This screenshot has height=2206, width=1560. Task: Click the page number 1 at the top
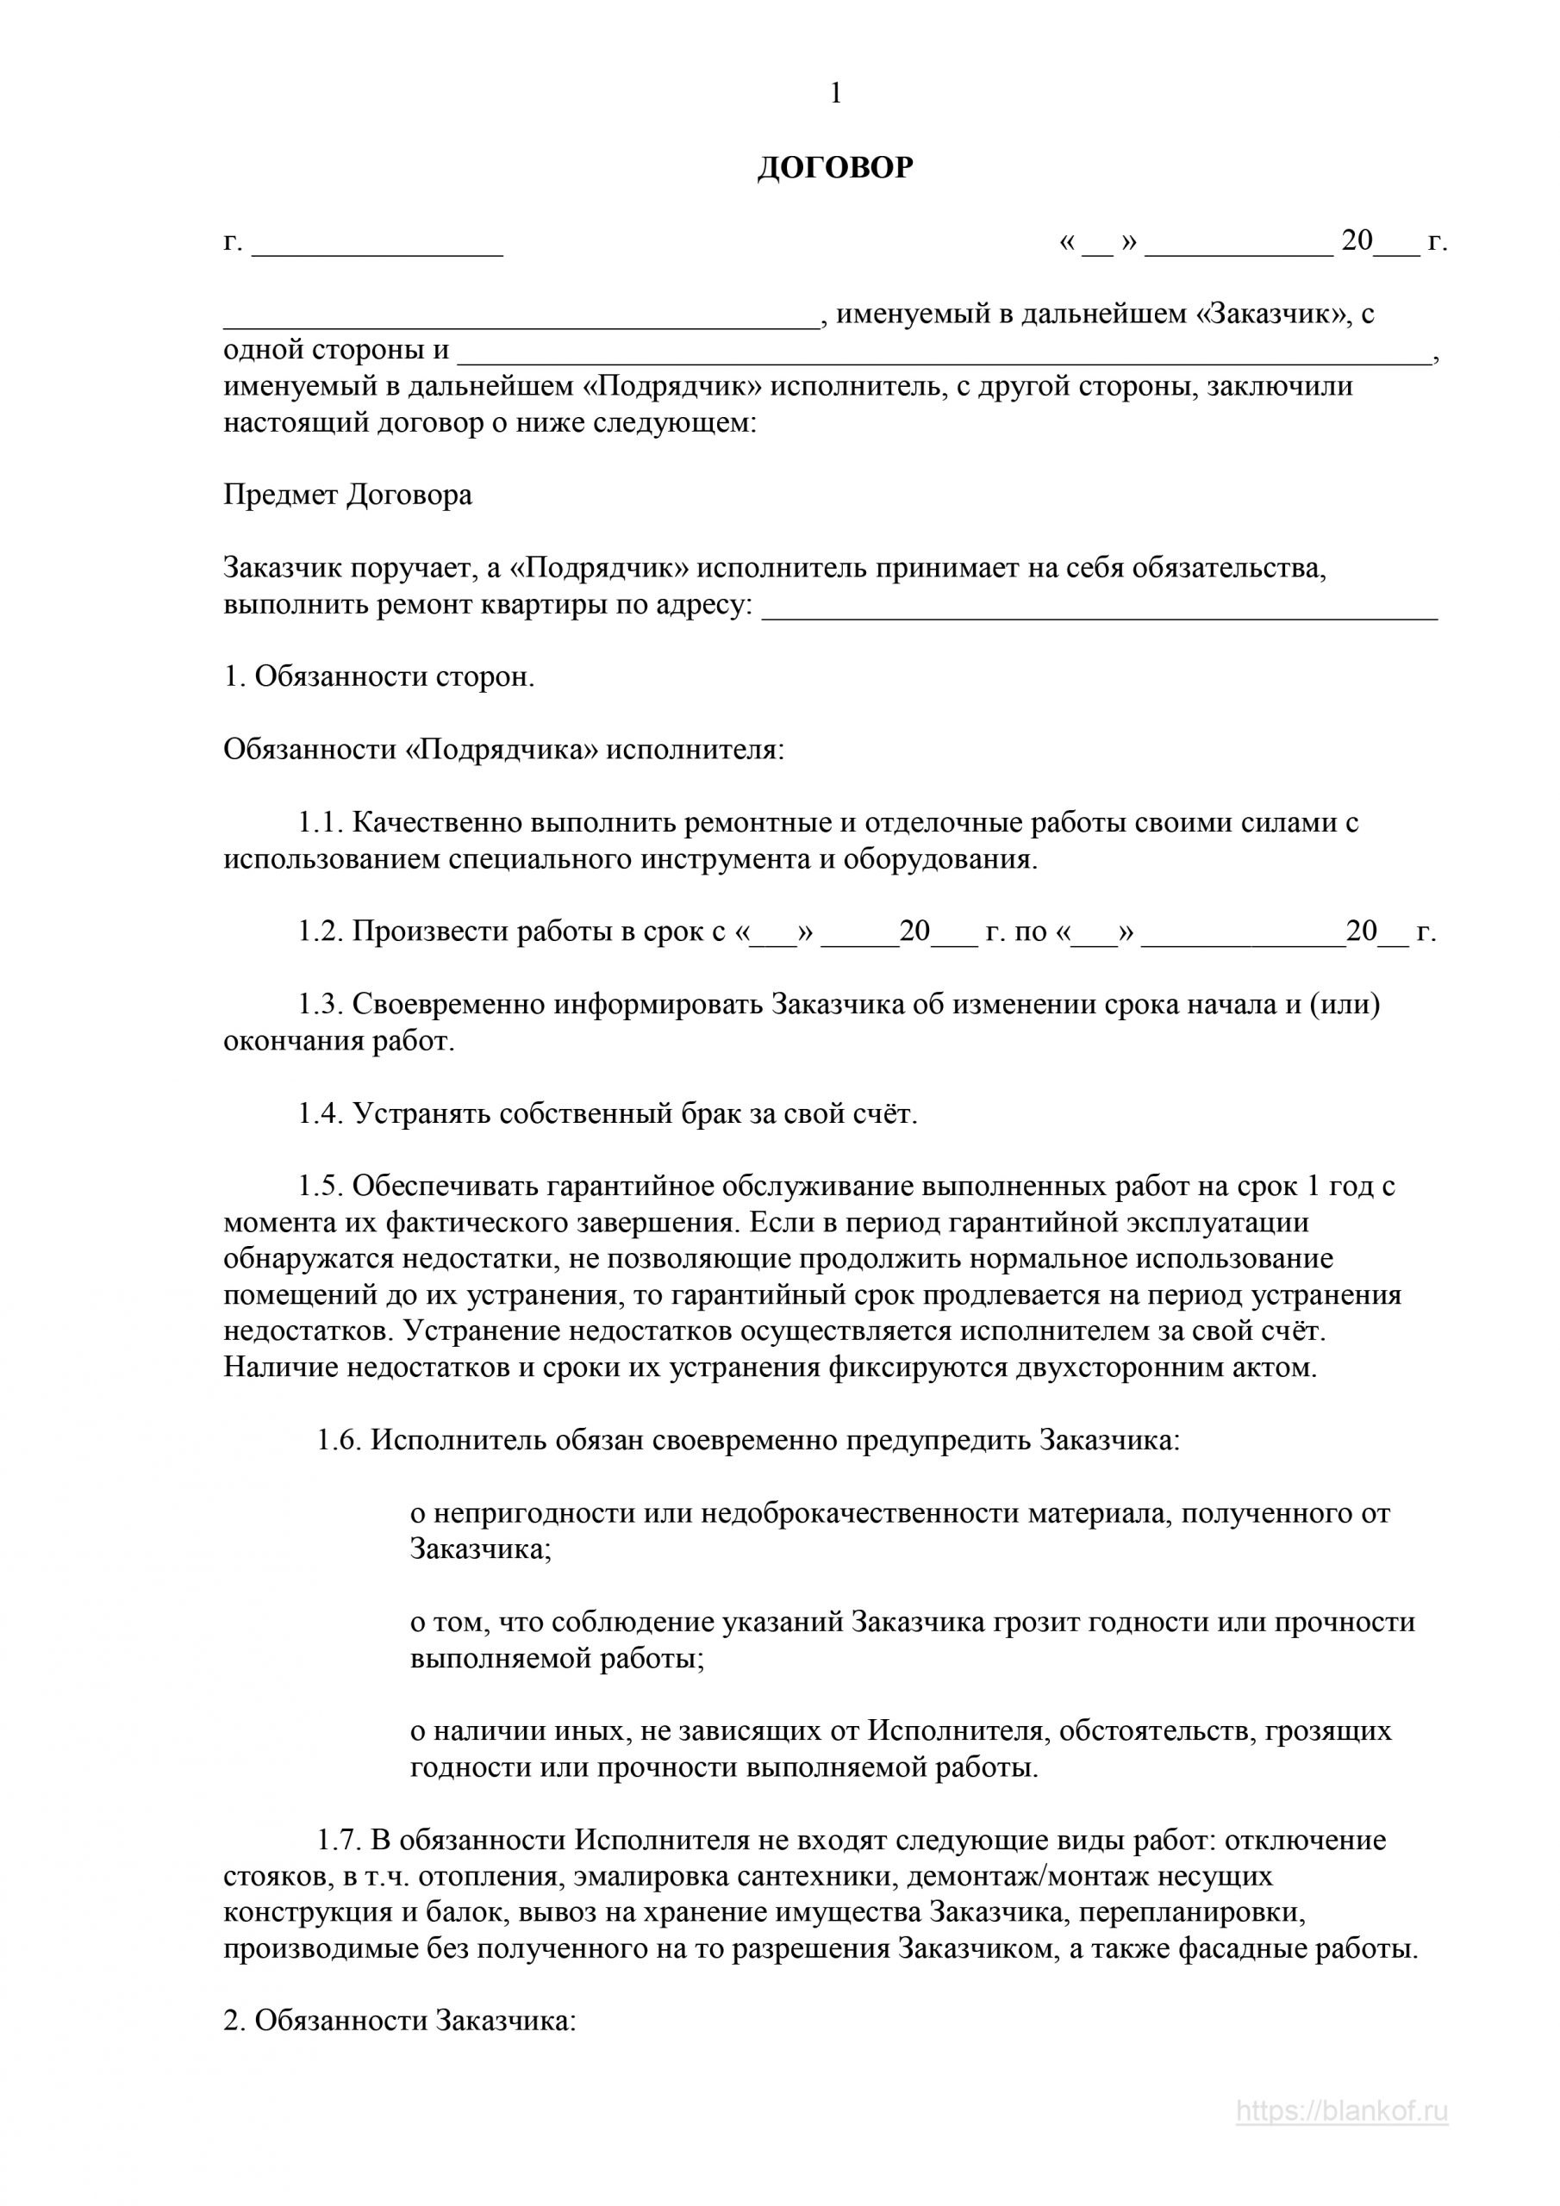835,94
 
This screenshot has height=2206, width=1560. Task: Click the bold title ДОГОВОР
835,169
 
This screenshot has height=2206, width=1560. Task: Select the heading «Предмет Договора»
348,495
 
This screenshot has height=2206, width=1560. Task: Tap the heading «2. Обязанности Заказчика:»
400,1991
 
